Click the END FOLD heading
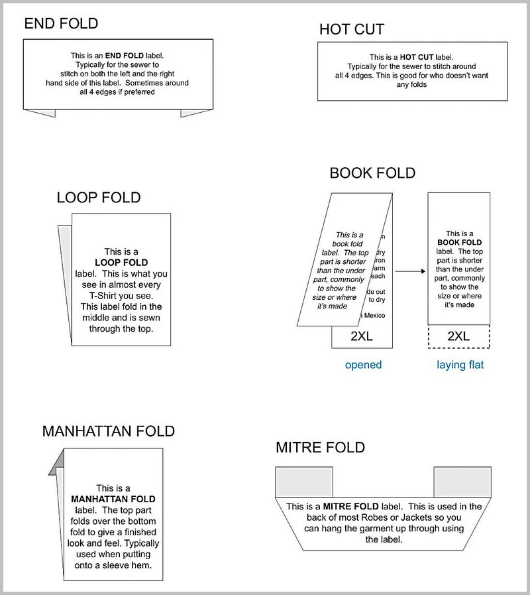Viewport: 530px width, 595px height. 61,24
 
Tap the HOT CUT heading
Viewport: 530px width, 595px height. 351,29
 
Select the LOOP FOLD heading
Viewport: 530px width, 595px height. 99,198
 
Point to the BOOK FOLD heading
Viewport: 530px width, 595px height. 372,174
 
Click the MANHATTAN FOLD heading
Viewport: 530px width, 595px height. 108,431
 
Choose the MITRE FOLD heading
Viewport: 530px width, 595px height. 320,448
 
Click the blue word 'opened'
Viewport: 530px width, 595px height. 363,365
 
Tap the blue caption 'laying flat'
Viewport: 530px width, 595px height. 460,365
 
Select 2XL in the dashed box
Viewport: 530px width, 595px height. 458,336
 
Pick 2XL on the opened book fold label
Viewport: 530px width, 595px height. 362,336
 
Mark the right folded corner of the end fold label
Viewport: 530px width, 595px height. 196,113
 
